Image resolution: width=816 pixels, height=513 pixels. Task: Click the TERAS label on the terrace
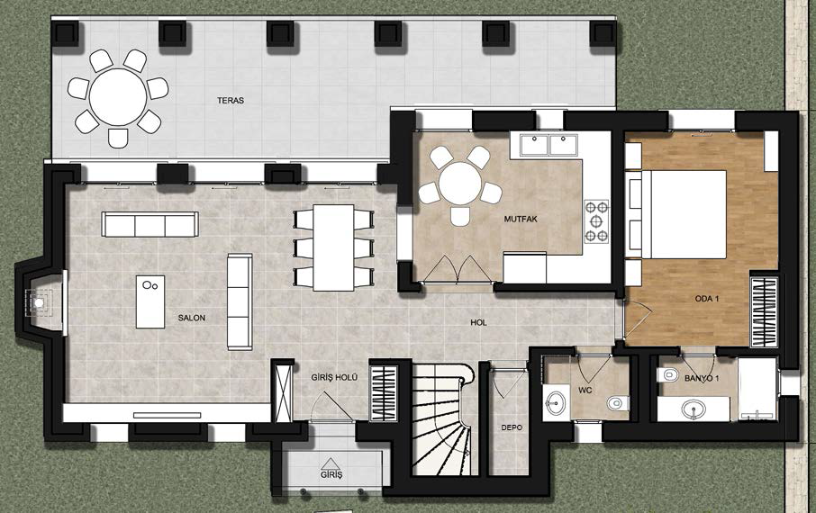(231, 101)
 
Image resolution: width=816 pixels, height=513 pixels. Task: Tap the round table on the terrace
(118, 97)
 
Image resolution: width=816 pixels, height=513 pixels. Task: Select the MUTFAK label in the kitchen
(521, 219)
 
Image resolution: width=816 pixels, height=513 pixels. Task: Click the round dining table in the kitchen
(460, 183)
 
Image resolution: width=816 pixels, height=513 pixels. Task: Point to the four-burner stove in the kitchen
(596, 221)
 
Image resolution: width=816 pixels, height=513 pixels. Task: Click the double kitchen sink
(544, 145)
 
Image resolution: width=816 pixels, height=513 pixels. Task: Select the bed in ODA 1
(684, 214)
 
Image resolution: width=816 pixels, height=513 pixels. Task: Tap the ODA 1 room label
(707, 299)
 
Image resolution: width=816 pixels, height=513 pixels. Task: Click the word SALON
(192, 318)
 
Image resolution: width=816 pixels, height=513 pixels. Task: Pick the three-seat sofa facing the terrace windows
(150, 224)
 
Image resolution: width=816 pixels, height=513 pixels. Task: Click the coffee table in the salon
(150, 301)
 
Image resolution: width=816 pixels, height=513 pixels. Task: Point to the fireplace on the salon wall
(41, 302)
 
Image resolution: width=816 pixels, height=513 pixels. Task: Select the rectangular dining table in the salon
(333, 247)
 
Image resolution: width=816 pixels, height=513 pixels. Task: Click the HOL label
(478, 322)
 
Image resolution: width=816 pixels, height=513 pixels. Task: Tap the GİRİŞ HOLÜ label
(334, 378)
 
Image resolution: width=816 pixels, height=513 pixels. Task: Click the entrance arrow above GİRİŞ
(329, 463)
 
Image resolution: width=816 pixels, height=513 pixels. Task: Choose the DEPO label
(512, 427)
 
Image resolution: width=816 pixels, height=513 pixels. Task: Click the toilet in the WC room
(618, 402)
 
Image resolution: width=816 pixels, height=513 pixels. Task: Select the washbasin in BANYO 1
(694, 408)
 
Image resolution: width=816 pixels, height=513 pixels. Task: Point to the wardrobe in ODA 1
(764, 312)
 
